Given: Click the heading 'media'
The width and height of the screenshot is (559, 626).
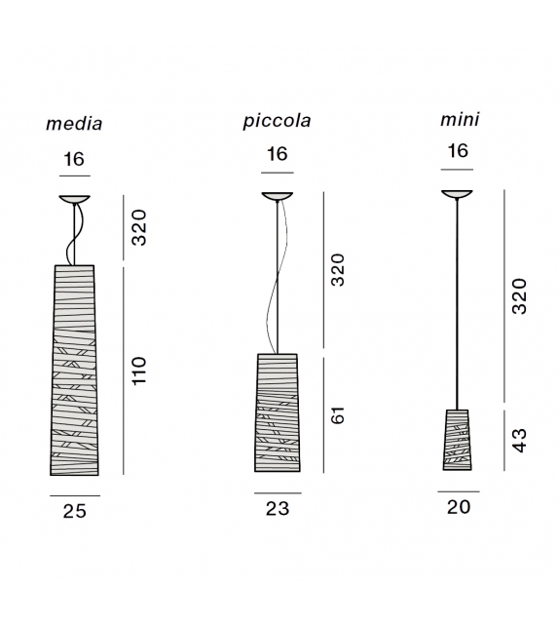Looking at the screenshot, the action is coord(74,124).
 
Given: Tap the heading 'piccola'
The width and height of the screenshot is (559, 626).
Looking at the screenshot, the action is coord(278,121).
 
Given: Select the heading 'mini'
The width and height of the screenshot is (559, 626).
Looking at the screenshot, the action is coord(460,119).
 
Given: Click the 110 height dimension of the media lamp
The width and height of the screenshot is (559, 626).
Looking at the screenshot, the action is coord(139,371).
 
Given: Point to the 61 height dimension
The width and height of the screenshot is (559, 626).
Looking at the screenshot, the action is coord(337,415).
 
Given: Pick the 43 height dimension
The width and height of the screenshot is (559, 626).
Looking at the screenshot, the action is coord(519,441).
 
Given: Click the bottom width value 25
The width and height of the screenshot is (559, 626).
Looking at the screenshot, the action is coord(75,511).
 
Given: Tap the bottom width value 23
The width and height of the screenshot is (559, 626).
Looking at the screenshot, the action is coord(278,509).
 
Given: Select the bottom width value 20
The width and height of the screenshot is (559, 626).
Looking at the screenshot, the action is coord(459,507).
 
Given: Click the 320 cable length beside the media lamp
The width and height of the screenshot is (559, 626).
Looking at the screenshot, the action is coord(139,227).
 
